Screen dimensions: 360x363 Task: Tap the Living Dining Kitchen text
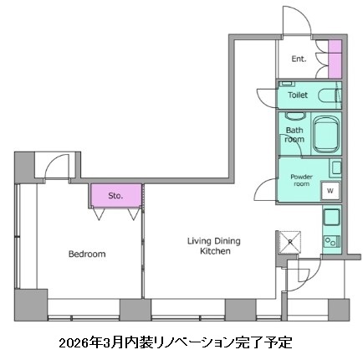point(208,245)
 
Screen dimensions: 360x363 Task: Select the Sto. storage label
point(115,196)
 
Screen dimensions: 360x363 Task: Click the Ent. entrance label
point(298,60)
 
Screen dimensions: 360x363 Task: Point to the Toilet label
point(298,95)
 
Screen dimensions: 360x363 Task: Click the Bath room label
point(294,135)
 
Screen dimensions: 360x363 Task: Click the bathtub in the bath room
point(324,133)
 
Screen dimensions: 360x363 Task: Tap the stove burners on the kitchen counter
point(331,242)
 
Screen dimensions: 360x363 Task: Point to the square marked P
point(290,240)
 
